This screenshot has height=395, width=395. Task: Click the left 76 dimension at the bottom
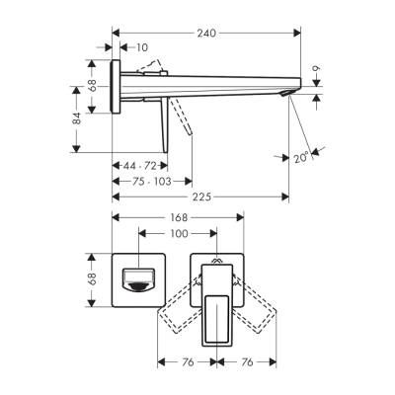point(187,362)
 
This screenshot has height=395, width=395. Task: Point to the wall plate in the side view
point(116,89)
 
